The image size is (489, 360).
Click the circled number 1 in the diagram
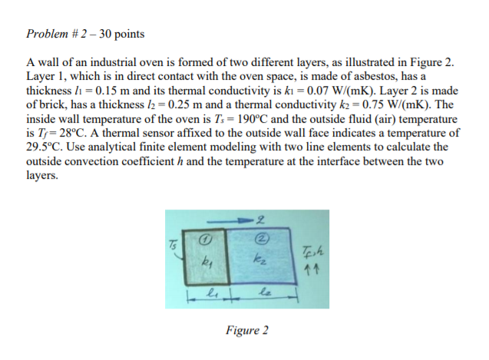(204, 239)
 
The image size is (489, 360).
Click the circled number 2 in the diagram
(262, 239)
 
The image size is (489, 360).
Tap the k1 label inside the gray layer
(207, 259)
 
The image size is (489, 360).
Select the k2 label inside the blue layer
(260, 259)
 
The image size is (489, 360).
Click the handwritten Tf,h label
(312, 251)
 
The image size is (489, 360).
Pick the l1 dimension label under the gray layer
(211, 293)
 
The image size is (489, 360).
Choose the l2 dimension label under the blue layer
(266, 293)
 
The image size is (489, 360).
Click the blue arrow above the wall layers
(230, 222)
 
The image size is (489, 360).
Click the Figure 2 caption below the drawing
(247, 330)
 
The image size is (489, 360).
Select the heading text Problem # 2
(56, 34)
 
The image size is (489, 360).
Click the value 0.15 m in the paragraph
(112, 91)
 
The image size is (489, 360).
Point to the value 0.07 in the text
(318, 91)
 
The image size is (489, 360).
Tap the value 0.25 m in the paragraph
(185, 104)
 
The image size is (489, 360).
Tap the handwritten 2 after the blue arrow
(260, 220)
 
